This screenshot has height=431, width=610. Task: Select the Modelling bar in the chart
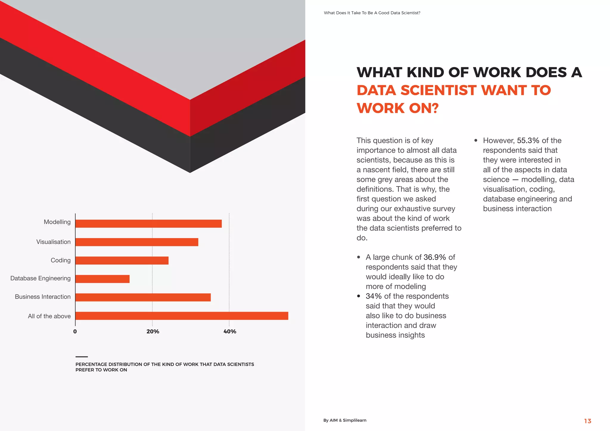pos(148,224)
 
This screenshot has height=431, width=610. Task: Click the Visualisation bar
pos(137,242)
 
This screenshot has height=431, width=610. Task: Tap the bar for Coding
pos(122,260)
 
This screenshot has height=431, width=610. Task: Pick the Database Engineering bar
pos(102,279)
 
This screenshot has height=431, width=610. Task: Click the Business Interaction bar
pos(143,297)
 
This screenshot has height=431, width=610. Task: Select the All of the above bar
pos(182,316)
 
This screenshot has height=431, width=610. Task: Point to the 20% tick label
pos(153,332)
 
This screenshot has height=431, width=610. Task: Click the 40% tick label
pos(230,332)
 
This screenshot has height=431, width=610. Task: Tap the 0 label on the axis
pos(75,332)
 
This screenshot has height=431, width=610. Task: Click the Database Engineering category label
pos(41,278)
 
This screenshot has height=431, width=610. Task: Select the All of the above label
pos(49,316)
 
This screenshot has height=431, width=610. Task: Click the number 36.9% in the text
pos(435,257)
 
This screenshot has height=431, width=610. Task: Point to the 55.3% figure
pos(528,140)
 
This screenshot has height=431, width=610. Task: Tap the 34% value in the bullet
pos(374,296)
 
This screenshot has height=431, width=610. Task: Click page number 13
pos(587,421)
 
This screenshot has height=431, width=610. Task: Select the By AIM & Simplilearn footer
pos(345,420)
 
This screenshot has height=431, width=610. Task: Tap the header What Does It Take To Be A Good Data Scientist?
pos(372,13)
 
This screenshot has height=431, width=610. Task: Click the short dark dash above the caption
pos(82,357)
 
